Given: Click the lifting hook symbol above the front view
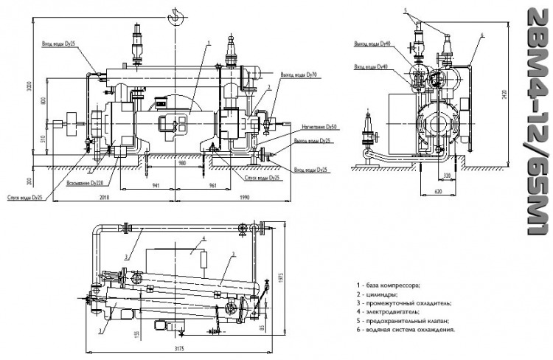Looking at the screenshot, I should (174, 16).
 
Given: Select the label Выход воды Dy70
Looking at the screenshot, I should (299, 75).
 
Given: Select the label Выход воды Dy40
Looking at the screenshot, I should (373, 44).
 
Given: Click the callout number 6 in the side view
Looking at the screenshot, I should (481, 35).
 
